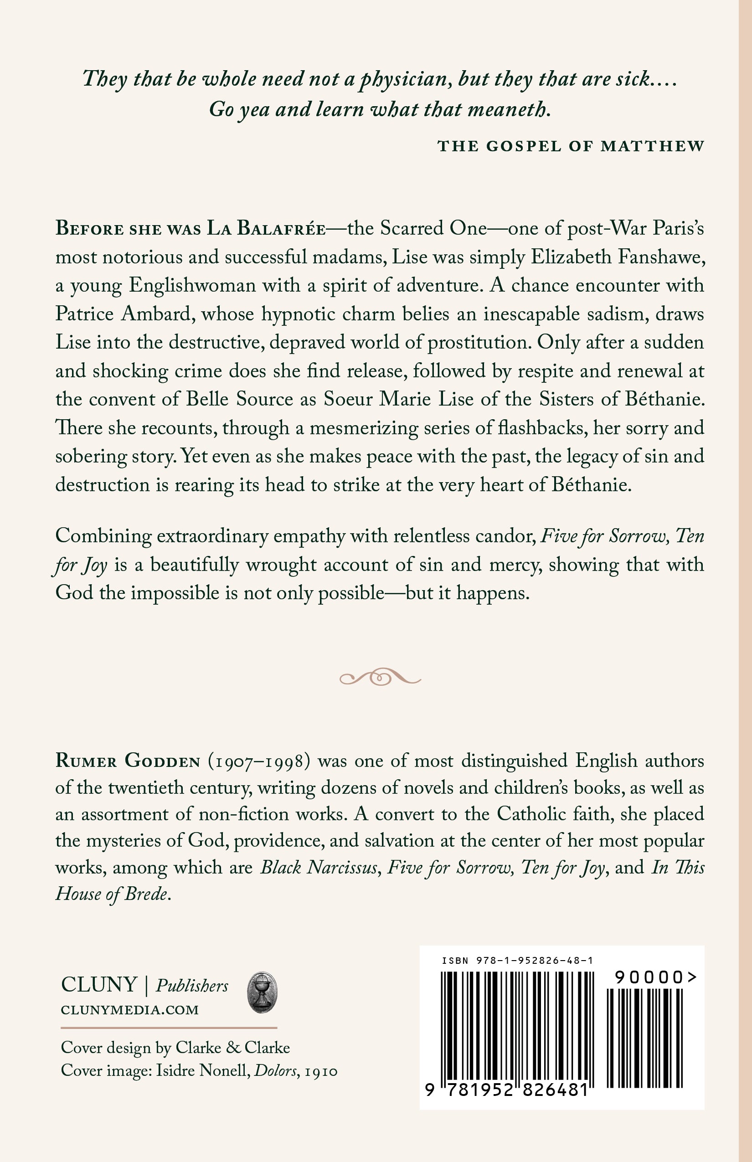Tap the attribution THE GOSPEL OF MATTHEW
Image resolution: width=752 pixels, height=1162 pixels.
[x=571, y=146]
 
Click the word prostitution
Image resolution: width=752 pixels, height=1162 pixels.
[x=479, y=342]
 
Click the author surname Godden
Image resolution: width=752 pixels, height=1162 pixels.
[x=162, y=761]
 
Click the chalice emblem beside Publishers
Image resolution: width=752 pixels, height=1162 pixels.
[x=263, y=992]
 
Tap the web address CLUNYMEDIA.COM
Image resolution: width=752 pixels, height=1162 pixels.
[x=130, y=1010]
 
